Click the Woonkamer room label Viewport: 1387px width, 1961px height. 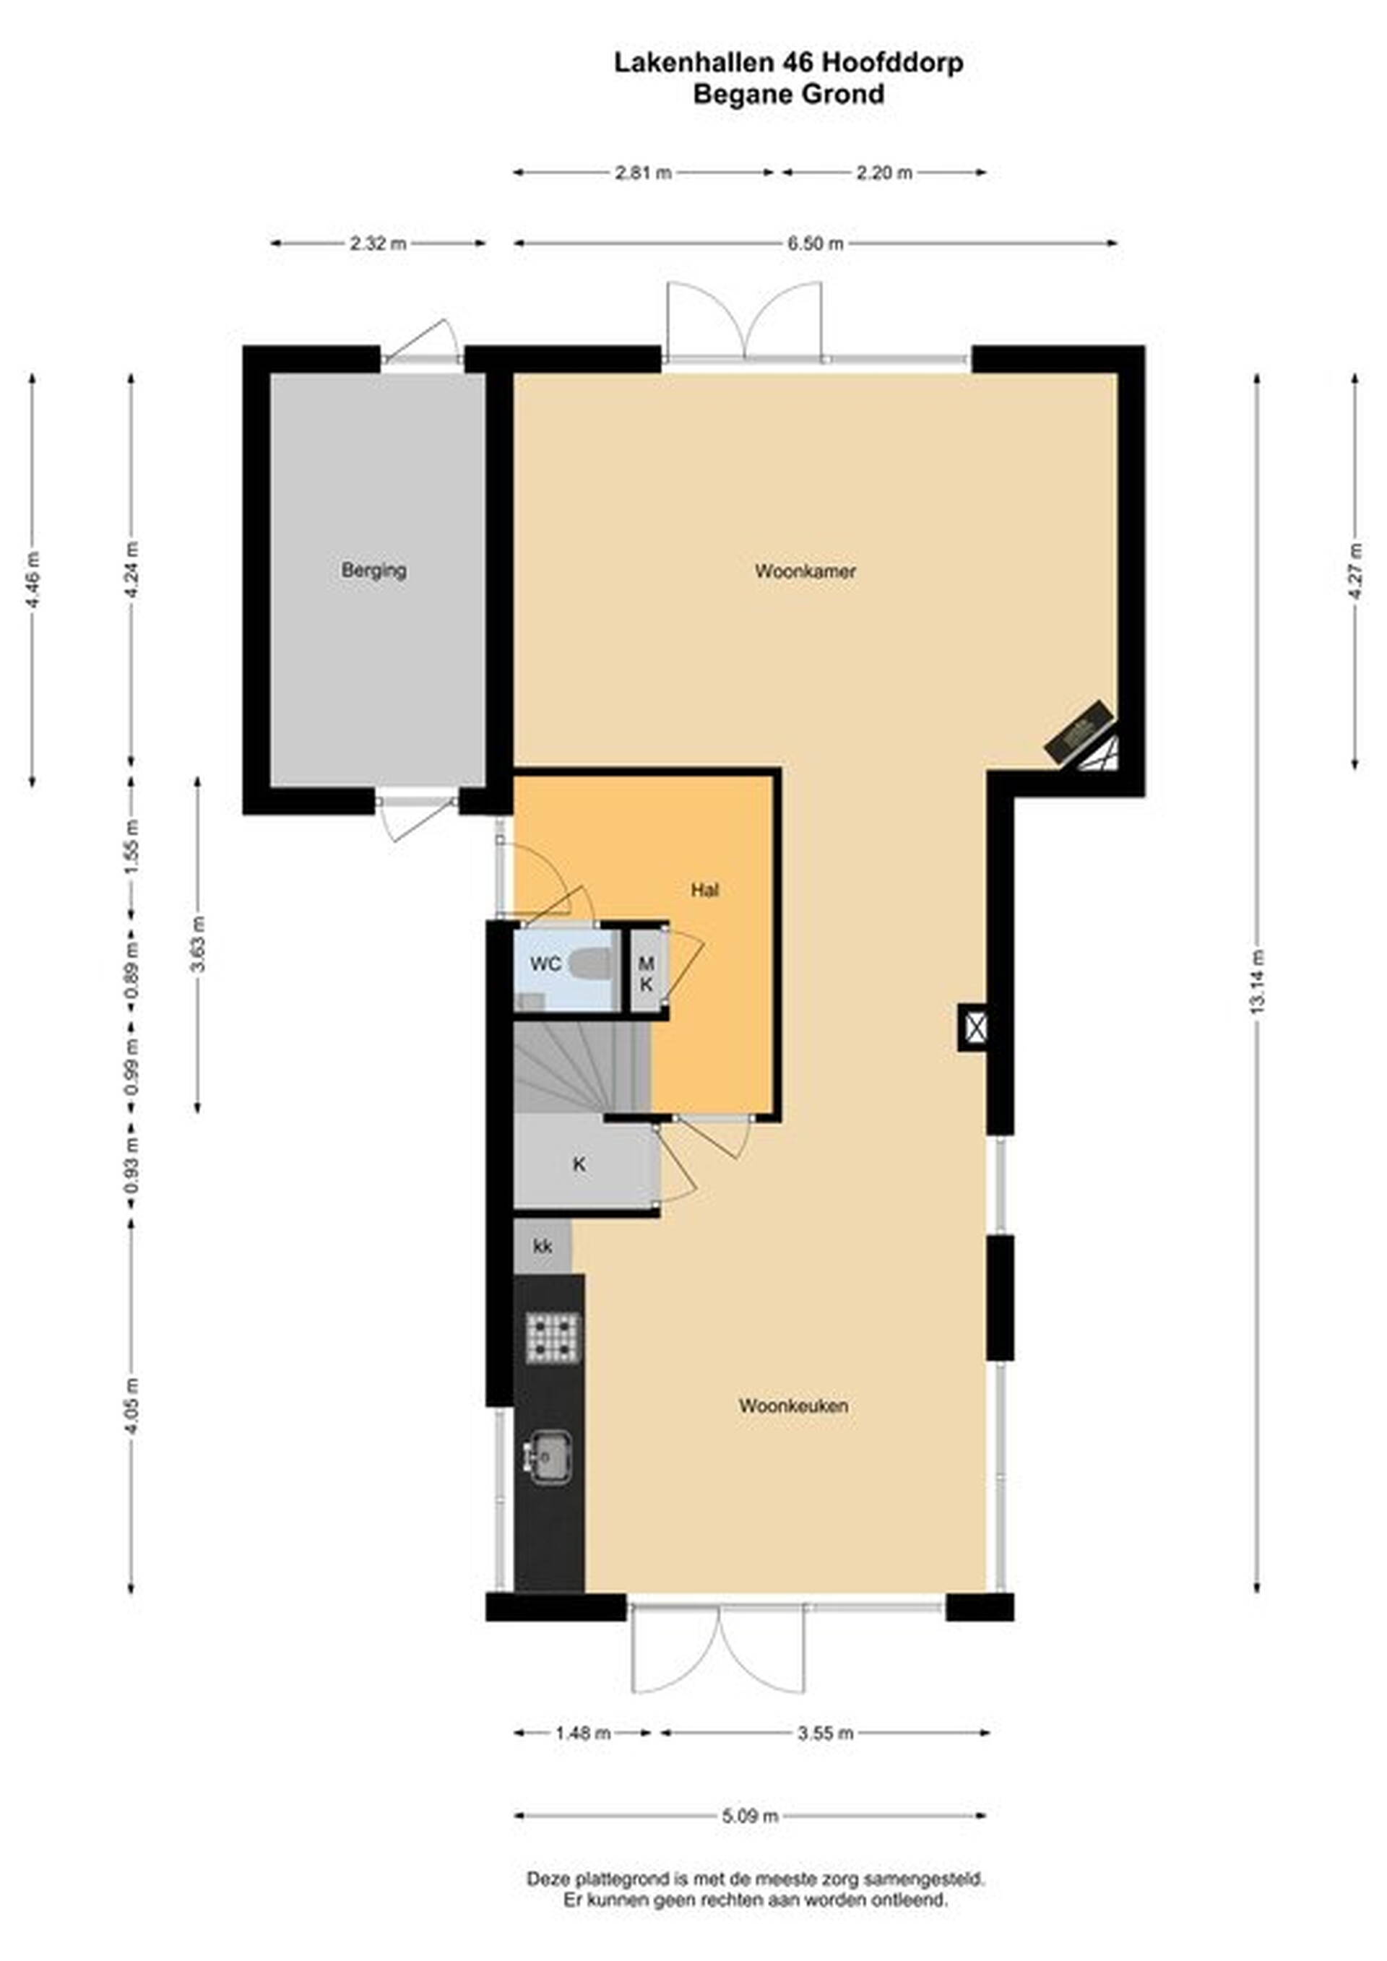(x=805, y=571)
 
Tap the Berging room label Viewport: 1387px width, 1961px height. (x=373, y=570)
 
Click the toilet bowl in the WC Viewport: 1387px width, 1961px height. (x=592, y=964)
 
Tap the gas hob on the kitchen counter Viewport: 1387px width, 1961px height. (x=553, y=1338)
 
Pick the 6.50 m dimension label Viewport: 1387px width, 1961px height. (x=816, y=243)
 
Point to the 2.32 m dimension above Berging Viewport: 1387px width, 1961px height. (x=379, y=243)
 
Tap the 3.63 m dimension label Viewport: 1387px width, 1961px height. (x=197, y=944)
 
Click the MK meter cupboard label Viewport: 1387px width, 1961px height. (x=647, y=974)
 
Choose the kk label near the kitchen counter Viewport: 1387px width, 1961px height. (x=543, y=1247)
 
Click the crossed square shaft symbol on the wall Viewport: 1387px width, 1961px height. (x=975, y=1026)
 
